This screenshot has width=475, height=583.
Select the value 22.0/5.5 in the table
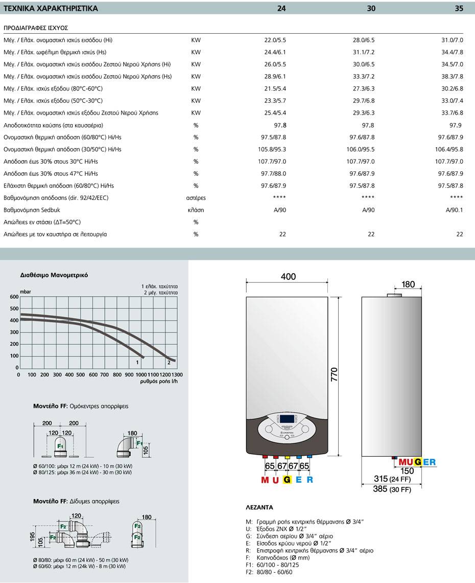pyautogui.click(x=274, y=40)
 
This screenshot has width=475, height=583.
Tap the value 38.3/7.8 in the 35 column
pyautogui.click(x=452, y=76)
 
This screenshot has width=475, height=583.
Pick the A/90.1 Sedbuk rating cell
pyautogui.click(x=454, y=210)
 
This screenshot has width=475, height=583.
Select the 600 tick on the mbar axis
pyautogui.click(x=14, y=297)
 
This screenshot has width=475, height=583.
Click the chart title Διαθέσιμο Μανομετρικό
pyautogui.click(x=54, y=275)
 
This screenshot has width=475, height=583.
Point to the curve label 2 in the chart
pyautogui.click(x=169, y=362)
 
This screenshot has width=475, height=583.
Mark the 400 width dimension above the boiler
pyautogui.click(x=288, y=277)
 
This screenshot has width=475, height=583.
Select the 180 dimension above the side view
pyautogui.click(x=408, y=284)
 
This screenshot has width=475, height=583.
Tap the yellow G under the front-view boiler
pyautogui.click(x=287, y=480)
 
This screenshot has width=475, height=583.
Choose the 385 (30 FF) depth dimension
pyautogui.click(x=393, y=489)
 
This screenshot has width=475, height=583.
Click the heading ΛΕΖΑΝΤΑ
pyautogui.click(x=259, y=508)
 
